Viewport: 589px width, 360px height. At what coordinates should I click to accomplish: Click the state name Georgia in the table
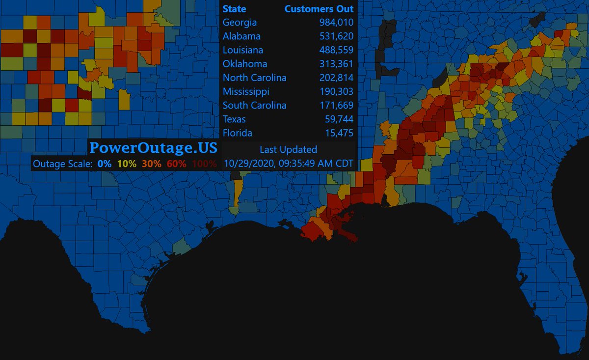pos(240,23)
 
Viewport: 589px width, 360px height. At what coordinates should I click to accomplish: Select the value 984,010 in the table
pos(335,23)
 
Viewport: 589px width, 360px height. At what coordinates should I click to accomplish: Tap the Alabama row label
pos(241,36)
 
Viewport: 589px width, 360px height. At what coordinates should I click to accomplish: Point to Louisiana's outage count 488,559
pos(335,50)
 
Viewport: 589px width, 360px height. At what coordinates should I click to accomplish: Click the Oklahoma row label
pos(245,64)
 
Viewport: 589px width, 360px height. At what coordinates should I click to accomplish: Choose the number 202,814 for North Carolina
pos(335,78)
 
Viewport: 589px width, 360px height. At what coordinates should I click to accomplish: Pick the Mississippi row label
pos(246,91)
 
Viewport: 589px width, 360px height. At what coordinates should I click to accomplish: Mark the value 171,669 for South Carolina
pos(335,105)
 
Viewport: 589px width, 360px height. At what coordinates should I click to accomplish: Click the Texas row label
pos(234,119)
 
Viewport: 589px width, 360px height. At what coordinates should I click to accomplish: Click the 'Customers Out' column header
pos(319,9)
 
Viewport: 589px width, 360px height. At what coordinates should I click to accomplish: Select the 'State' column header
pos(235,9)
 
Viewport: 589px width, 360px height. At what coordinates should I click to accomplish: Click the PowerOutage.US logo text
pos(153,147)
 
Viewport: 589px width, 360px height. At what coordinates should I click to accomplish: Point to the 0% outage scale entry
pos(104,164)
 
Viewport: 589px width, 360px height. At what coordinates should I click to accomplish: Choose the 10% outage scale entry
pos(127,164)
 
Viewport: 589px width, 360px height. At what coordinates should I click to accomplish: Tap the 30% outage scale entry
pos(151,164)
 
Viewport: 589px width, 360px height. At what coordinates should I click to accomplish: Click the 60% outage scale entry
pos(177,164)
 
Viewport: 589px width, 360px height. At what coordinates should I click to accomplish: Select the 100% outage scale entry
pos(204,164)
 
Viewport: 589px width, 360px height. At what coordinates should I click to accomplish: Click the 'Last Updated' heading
pos(288,149)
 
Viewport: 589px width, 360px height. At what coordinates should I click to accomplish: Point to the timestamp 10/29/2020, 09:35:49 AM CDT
pos(289,163)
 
